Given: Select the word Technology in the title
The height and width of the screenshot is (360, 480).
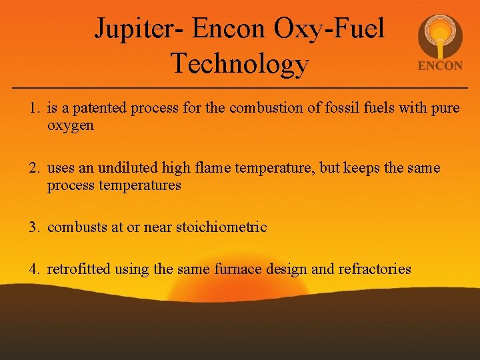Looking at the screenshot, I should [x=239, y=63].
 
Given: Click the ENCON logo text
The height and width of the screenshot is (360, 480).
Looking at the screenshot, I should [x=439, y=66].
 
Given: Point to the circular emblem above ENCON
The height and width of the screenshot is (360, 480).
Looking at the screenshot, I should [x=439, y=36].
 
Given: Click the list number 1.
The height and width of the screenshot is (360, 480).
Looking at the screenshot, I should [x=33, y=108].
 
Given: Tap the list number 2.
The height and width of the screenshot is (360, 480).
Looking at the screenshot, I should [x=33, y=168].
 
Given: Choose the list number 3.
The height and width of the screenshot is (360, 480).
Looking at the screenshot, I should [x=33, y=227].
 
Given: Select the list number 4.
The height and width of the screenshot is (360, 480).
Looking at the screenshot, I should [x=33, y=270].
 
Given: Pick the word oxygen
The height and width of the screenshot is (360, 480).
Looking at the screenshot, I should [x=71, y=125].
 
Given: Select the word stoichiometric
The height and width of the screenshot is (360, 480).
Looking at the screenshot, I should [x=221, y=227].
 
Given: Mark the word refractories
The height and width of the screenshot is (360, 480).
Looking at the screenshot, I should [x=375, y=270].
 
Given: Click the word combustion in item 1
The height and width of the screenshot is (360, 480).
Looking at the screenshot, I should [x=259, y=108].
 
